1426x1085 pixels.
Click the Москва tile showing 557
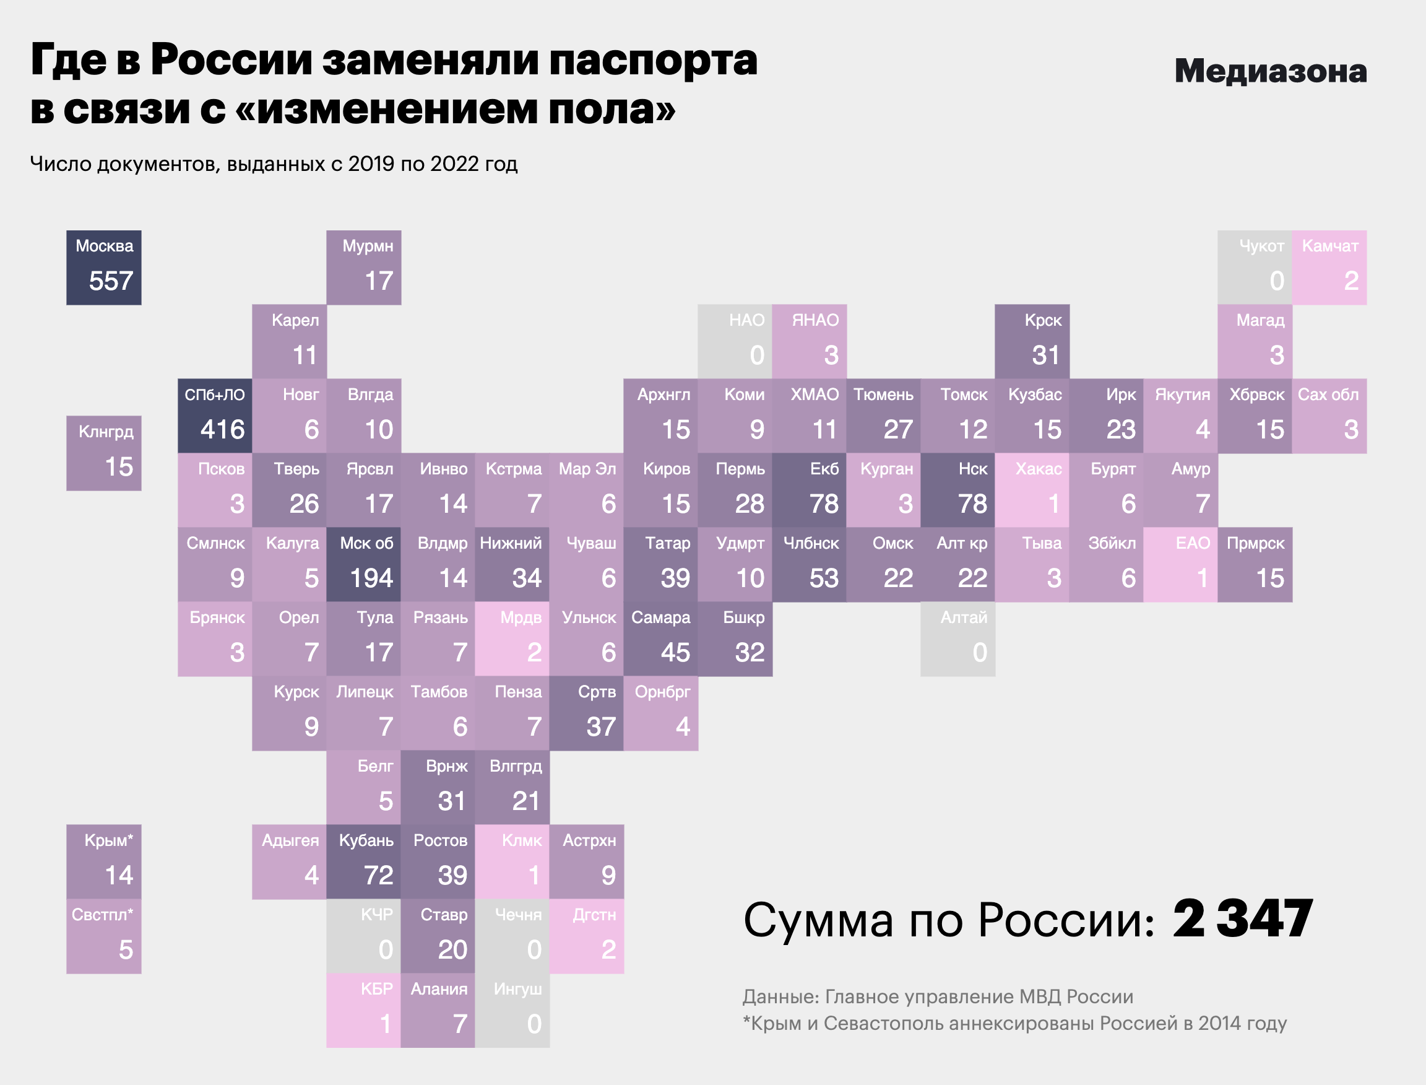coord(104,268)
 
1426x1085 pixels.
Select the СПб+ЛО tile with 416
coord(215,416)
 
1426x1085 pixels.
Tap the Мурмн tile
coord(363,268)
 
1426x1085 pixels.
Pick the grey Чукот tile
coord(1255,268)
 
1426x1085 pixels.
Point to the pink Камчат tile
coord(1329,268)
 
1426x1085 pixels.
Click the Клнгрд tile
coord(104,453)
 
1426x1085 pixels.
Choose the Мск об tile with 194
coord(363,564)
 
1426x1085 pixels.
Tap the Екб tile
coord(809,490)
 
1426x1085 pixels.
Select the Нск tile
coord(957,490)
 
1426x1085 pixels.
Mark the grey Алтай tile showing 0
coord(957,638)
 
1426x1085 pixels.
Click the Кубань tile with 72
coord(363,861)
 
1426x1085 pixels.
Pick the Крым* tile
coord(104,861)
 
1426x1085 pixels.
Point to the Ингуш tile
coord(512,1010)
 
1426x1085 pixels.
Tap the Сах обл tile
coord(1329,416)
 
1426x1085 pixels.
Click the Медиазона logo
coord(1270,71)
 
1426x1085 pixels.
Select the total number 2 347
coord(1242,920)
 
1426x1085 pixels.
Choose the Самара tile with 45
coord(660,638)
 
